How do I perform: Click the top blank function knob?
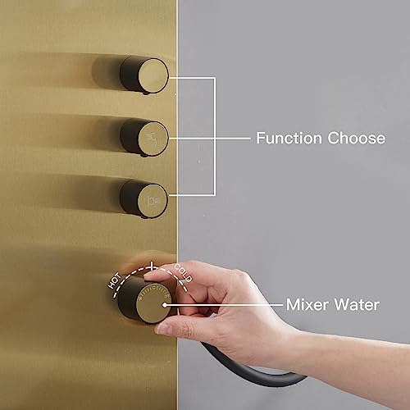144,75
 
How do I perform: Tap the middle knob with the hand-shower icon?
144,138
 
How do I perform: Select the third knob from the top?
144,199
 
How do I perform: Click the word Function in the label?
289,138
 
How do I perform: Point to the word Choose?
357,138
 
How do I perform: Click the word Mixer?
307,304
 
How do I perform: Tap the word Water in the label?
357,304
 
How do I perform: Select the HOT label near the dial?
114,280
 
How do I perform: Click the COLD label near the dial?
184,273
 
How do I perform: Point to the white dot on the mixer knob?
165,305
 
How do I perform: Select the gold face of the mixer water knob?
153,303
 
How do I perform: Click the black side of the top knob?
130,73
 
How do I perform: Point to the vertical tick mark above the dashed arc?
152,266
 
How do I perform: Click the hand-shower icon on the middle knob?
152,138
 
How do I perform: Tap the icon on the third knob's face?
153,201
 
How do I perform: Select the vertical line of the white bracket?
215,137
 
